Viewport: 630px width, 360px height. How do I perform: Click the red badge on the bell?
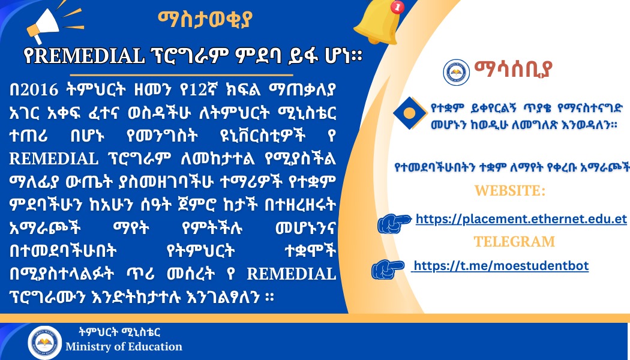(398, 7)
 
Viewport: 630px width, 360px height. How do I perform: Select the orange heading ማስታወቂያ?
(205, 19)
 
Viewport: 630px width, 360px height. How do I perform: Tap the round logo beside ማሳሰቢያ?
(456, 73)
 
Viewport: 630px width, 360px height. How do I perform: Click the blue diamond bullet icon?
(409, 113)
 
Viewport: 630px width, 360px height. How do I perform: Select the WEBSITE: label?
(510, 190)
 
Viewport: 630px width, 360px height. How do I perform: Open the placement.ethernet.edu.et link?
(521, 219)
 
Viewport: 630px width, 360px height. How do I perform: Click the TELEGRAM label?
(514, 241)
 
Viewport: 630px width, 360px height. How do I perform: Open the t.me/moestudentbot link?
(500, 266)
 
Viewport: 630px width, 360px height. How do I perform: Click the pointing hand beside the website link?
(394, 223)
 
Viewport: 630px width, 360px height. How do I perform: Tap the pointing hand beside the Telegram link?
(388, 269)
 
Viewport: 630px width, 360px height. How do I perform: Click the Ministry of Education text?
(124, 347)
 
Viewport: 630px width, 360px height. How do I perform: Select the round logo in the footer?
(44, 343)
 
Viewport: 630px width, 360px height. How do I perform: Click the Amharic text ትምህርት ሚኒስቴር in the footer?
(120, 332)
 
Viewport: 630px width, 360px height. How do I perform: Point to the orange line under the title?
(182, 75)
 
